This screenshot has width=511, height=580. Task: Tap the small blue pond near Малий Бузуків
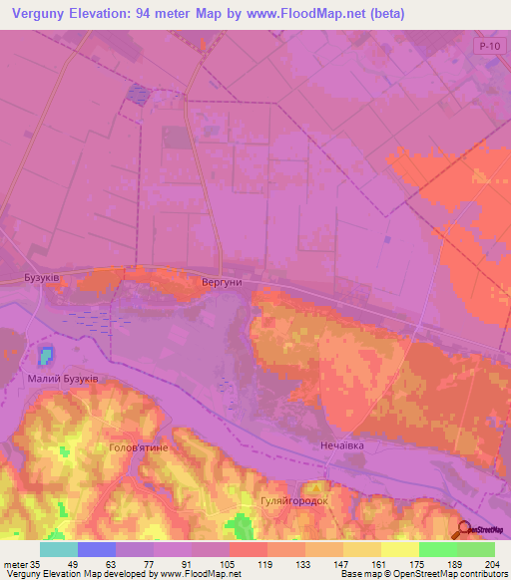pyautogui.click(x=46, y=355)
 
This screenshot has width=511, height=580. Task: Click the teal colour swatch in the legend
pyautogui.click(x=58, y=549)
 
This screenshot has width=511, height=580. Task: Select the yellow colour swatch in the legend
pyautogui.click(x=399, y=549)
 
